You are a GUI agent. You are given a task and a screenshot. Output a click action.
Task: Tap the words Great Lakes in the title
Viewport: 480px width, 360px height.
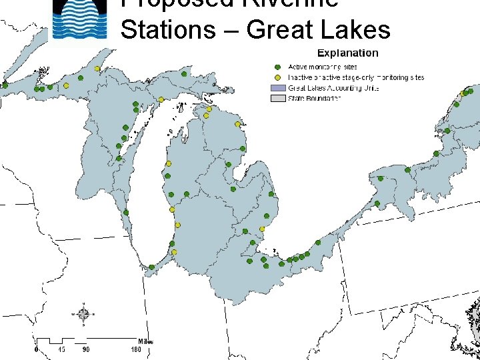(x=318, y=30)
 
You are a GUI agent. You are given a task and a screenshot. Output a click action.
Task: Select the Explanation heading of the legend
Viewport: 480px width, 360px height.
(x=347, y=53)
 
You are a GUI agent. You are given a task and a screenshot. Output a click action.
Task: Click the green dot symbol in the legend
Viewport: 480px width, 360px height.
(x=277, y=67)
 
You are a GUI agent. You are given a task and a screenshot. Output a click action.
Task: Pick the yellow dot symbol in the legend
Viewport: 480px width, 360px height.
(x=277, y=77)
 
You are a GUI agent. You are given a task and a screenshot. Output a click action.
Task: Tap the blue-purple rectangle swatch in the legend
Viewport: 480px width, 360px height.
(x=277, y=88)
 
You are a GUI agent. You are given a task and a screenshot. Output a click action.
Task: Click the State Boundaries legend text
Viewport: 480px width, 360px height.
(x=314, y=99)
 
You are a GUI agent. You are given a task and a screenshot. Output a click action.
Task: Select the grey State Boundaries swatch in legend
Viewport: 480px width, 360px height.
(x=277, y=99)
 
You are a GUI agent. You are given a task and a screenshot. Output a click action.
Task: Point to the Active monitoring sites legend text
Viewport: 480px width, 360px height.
(x=322, y=67)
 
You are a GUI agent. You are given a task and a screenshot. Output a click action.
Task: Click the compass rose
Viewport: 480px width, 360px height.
(x=83, y=314)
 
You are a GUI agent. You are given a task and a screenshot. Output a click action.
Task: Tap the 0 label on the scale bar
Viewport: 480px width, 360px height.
(x=36, y=349)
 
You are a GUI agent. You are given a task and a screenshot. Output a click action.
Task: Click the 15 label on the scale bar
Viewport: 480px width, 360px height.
(x=61, y=349)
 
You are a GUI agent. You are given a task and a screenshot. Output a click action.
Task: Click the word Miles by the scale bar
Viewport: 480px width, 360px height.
(x=145, y=341)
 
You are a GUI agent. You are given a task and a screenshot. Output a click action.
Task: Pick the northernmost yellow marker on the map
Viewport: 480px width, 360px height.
(x=97, y=69)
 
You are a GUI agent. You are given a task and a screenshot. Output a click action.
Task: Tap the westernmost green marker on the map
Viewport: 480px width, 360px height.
(x=5, y=85)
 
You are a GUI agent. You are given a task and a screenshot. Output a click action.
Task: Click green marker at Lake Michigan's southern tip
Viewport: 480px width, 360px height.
(x=152, y=267)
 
